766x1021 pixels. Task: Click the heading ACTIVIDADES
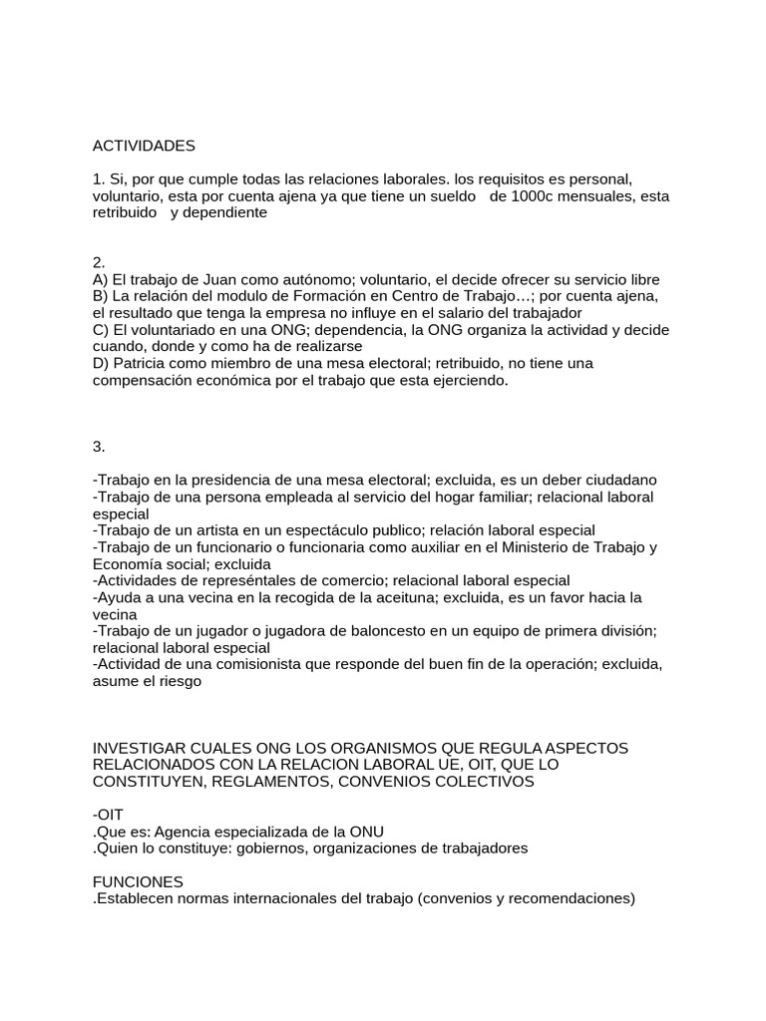144,146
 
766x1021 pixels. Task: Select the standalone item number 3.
99,447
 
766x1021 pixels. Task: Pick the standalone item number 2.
99,263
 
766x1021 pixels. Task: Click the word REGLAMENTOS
268,782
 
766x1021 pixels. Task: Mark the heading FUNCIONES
138,881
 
